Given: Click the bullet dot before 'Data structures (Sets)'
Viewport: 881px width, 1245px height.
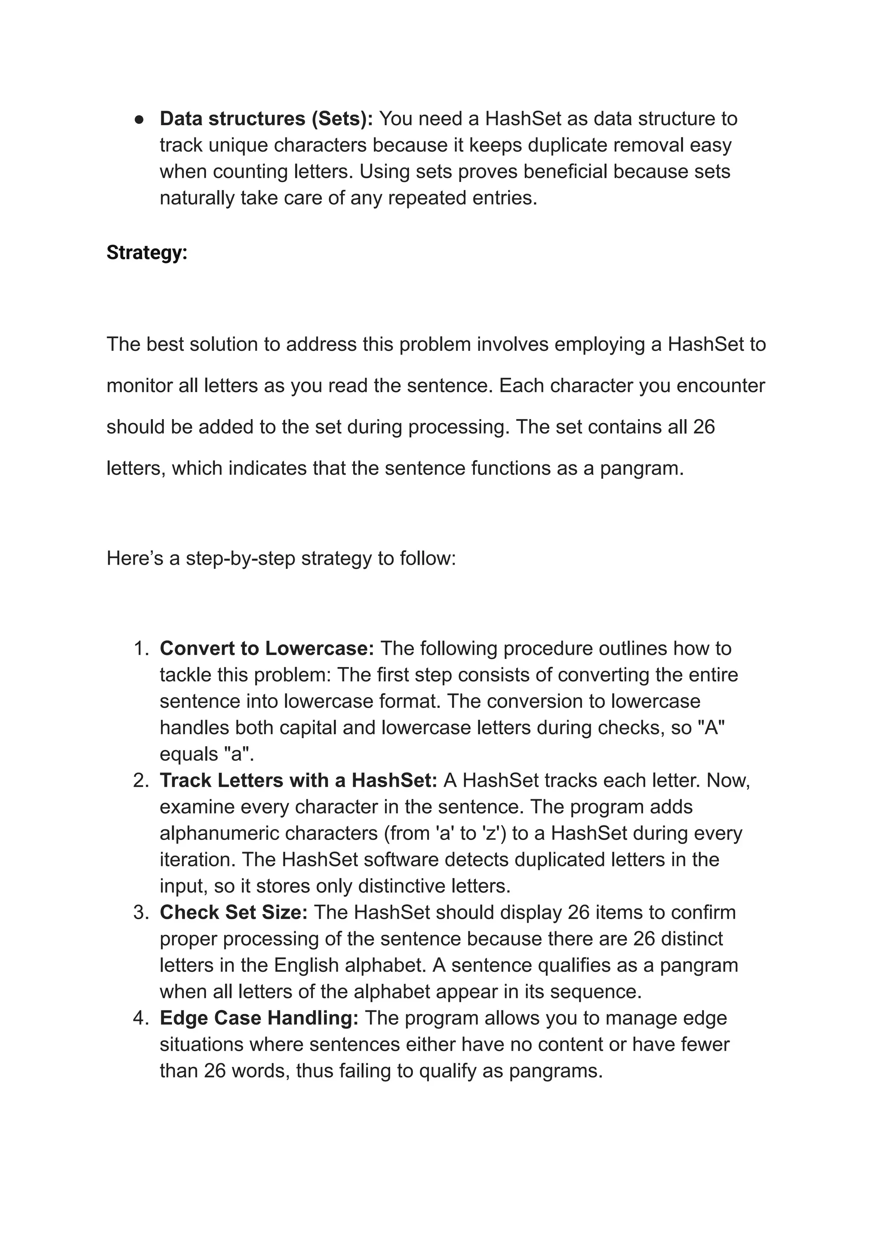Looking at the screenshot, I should [139, 119].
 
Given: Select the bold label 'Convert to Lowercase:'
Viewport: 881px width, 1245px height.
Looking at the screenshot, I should [266, 648].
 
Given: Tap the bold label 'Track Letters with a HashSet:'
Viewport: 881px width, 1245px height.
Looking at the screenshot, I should [298, 780].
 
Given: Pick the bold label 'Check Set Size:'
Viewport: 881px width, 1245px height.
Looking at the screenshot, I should [233, 912].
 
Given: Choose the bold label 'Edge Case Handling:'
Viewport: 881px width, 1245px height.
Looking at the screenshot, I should [259, 1018].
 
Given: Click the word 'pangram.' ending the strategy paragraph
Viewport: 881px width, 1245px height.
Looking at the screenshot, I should [642, 468].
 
